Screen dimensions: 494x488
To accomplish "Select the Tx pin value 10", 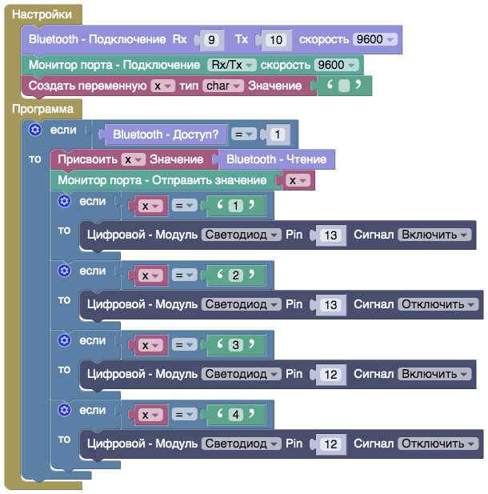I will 275,39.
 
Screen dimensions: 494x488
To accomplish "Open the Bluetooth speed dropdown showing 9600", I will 378,39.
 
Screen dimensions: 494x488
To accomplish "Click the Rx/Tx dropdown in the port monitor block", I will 231,65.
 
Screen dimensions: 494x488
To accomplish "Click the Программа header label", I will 42,108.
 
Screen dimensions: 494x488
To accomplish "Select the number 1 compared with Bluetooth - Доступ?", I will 277,135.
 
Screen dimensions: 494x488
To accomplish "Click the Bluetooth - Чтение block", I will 282,159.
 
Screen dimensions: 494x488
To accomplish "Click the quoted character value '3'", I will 235,345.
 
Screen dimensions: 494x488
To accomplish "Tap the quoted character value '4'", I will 235,415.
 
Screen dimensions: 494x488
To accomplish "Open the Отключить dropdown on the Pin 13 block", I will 438,304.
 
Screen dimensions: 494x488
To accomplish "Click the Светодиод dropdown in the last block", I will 241,444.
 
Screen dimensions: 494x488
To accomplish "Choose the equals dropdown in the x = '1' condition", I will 185,206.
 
